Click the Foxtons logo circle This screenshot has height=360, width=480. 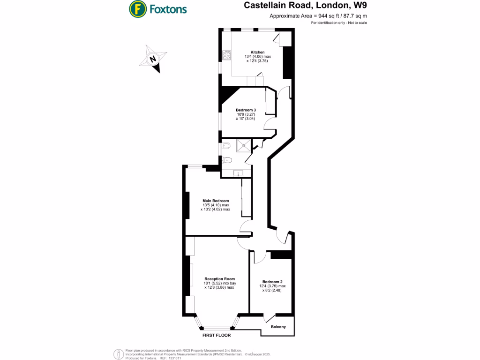(136, 8)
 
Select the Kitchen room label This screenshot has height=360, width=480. (257, 52)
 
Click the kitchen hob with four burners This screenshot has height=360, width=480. (226, 55)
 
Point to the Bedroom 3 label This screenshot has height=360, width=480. (246, 110)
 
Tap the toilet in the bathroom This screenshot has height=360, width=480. (227, 159)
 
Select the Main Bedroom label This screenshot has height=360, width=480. (216, 201)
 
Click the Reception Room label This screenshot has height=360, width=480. (219, 278)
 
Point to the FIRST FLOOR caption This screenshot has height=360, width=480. (217, 336)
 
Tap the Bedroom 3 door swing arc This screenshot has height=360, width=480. (269, 124)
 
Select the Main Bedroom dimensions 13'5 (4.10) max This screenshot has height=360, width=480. (216, 205)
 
